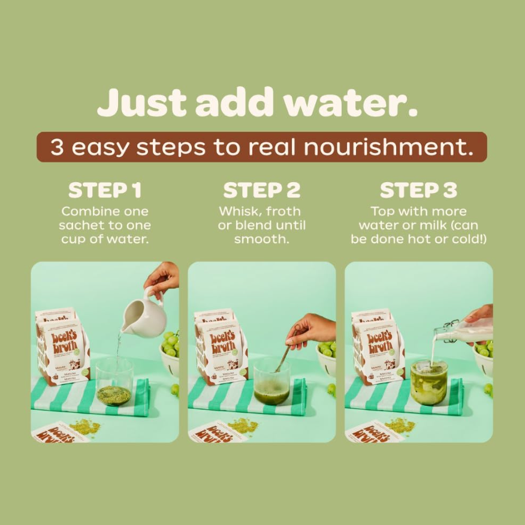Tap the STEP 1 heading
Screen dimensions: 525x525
(x=105, y=191)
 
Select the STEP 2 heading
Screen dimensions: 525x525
(x=262, y=191)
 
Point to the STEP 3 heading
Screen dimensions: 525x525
(x=418, y=191)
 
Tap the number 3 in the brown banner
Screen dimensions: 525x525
(x=57, y=147)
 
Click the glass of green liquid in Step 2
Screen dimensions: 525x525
(x=271, y=384)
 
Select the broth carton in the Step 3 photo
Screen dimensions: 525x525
(x=376, y=348)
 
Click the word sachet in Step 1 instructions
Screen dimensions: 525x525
(x=82, y=225)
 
